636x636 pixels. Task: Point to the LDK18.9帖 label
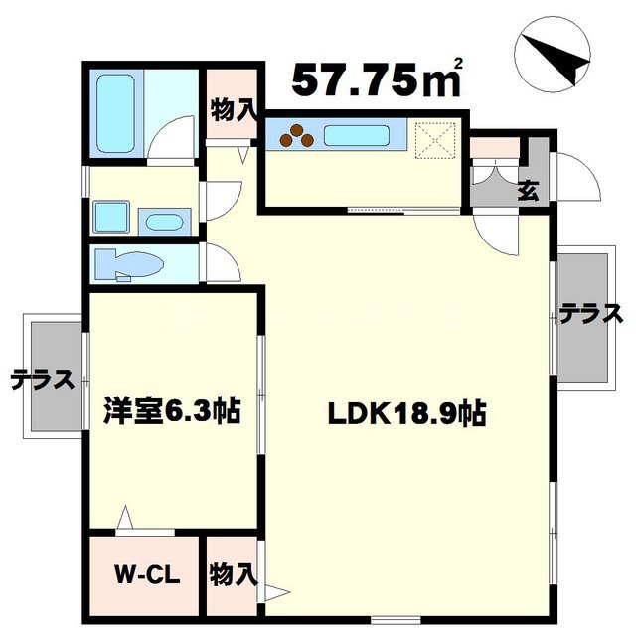coord(406,412)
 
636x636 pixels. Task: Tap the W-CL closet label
coord(145,575)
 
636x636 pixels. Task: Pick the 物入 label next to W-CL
coord(234,575)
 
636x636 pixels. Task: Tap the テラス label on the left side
coord(43,379)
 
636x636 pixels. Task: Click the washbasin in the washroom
coord(159,221)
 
